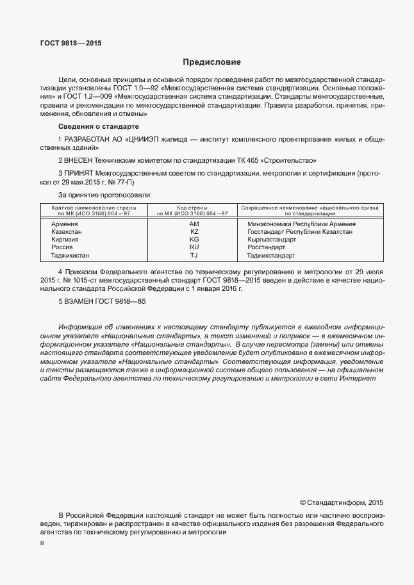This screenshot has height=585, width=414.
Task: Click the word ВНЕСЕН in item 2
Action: [79, 160]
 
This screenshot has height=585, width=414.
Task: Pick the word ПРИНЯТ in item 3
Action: [80, 173]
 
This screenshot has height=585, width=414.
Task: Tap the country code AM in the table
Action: [194, 224]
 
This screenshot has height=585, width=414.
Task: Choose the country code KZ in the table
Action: [194, 232]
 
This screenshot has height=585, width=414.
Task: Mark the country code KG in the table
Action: [194, 240]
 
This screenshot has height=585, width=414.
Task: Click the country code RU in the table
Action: [194, 247]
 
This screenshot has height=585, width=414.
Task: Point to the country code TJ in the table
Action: [194, 255]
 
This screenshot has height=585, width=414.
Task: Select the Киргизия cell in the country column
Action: [65, 240]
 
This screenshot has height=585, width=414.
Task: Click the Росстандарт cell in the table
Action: [266, 247]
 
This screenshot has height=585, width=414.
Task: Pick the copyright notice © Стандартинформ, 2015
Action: [341, 502]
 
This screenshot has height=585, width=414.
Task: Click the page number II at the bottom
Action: [42, 543]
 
